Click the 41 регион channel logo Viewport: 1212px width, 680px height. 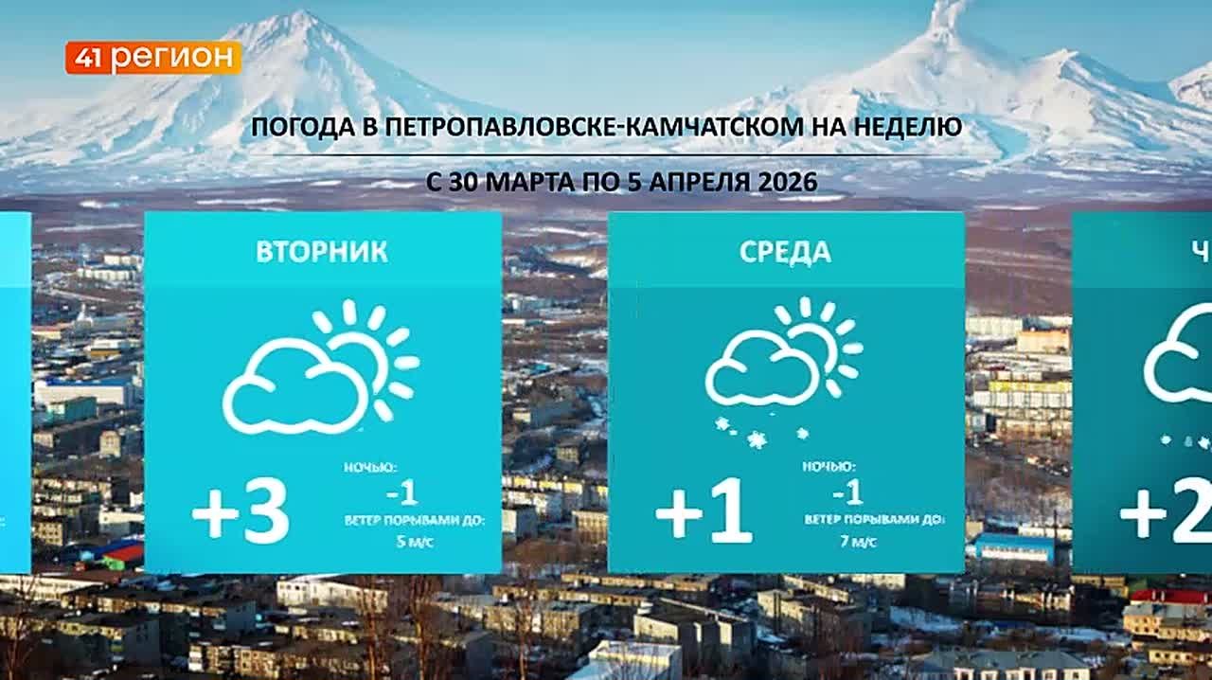pos(152,58)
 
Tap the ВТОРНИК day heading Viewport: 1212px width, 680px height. pos(321,252)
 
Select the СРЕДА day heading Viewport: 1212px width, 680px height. pos(785,252)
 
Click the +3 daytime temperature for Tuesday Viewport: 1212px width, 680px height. pos(241,514)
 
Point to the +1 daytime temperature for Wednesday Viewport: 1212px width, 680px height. pos(704,514)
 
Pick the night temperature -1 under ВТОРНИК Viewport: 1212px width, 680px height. pos(401,492)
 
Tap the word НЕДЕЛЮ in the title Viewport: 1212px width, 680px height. pos(909,126)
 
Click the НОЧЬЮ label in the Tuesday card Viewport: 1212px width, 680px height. pos(370,467)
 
